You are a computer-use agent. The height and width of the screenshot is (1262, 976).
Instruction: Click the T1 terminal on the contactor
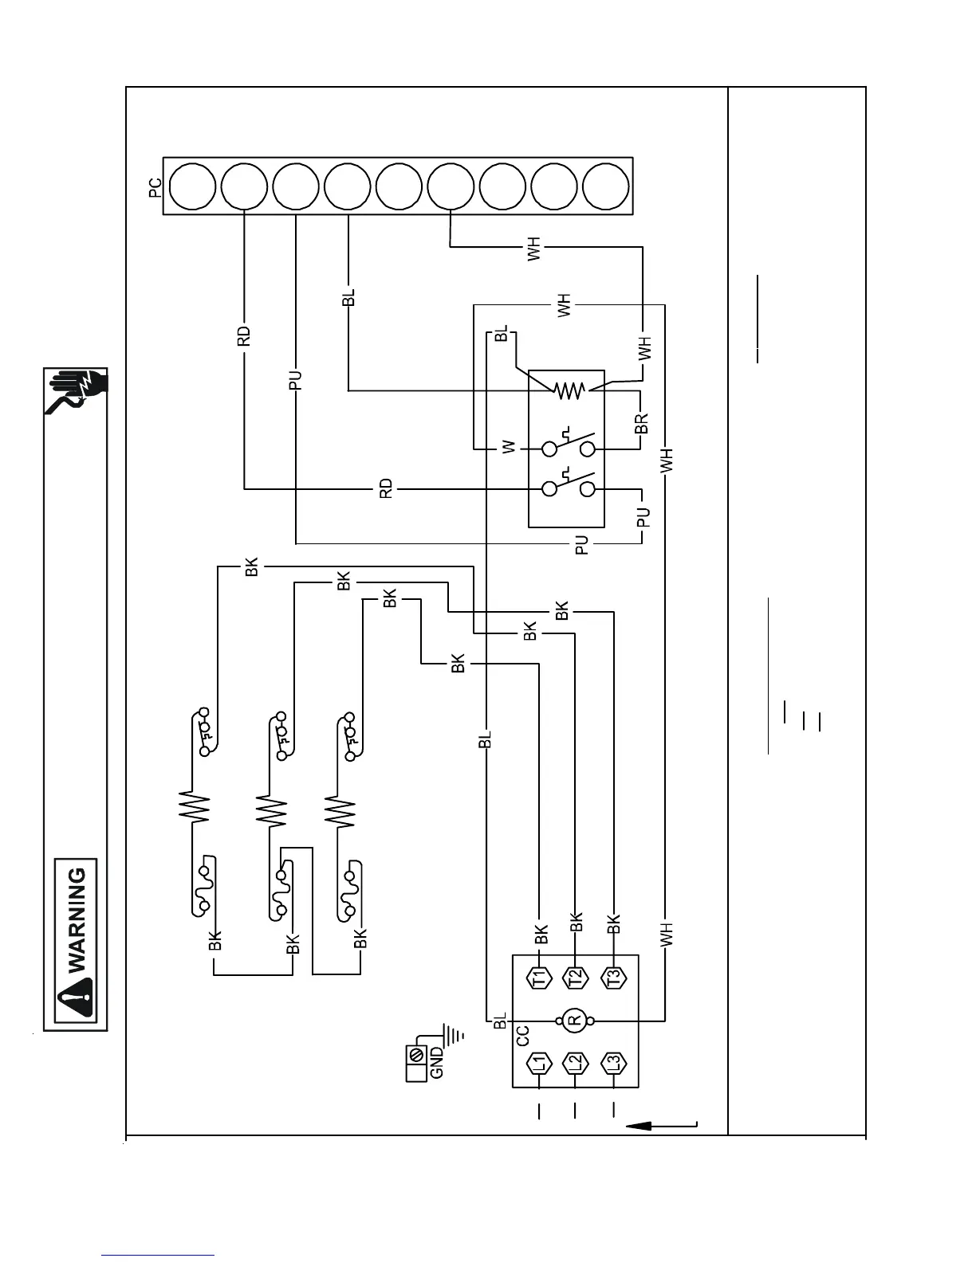(540, 977)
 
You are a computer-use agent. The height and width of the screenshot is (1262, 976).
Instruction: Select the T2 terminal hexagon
(575, 977)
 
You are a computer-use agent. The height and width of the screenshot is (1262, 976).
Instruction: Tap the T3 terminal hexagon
(612, 977)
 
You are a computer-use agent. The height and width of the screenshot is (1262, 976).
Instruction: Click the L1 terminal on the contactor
(540, 1063)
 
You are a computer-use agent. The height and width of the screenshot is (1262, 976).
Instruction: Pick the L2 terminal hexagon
(575, 1063)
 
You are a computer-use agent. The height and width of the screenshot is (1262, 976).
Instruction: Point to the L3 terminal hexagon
(612, 1063)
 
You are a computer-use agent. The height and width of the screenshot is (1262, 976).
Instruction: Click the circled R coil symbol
(574, 1020)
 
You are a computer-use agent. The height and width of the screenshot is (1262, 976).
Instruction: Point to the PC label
(155, 187)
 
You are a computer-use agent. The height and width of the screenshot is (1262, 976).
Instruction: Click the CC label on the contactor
(522, 1036)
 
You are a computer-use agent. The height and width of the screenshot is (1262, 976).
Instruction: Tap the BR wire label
(642, 423)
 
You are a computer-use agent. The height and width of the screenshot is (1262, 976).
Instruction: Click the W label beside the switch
(509, 449)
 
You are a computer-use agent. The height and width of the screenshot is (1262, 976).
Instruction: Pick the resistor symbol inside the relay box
(569, 390)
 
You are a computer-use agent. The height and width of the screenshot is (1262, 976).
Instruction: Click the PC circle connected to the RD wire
(244, 187)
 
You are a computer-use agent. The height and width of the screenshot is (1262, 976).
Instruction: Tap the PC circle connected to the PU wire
(296, 187)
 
